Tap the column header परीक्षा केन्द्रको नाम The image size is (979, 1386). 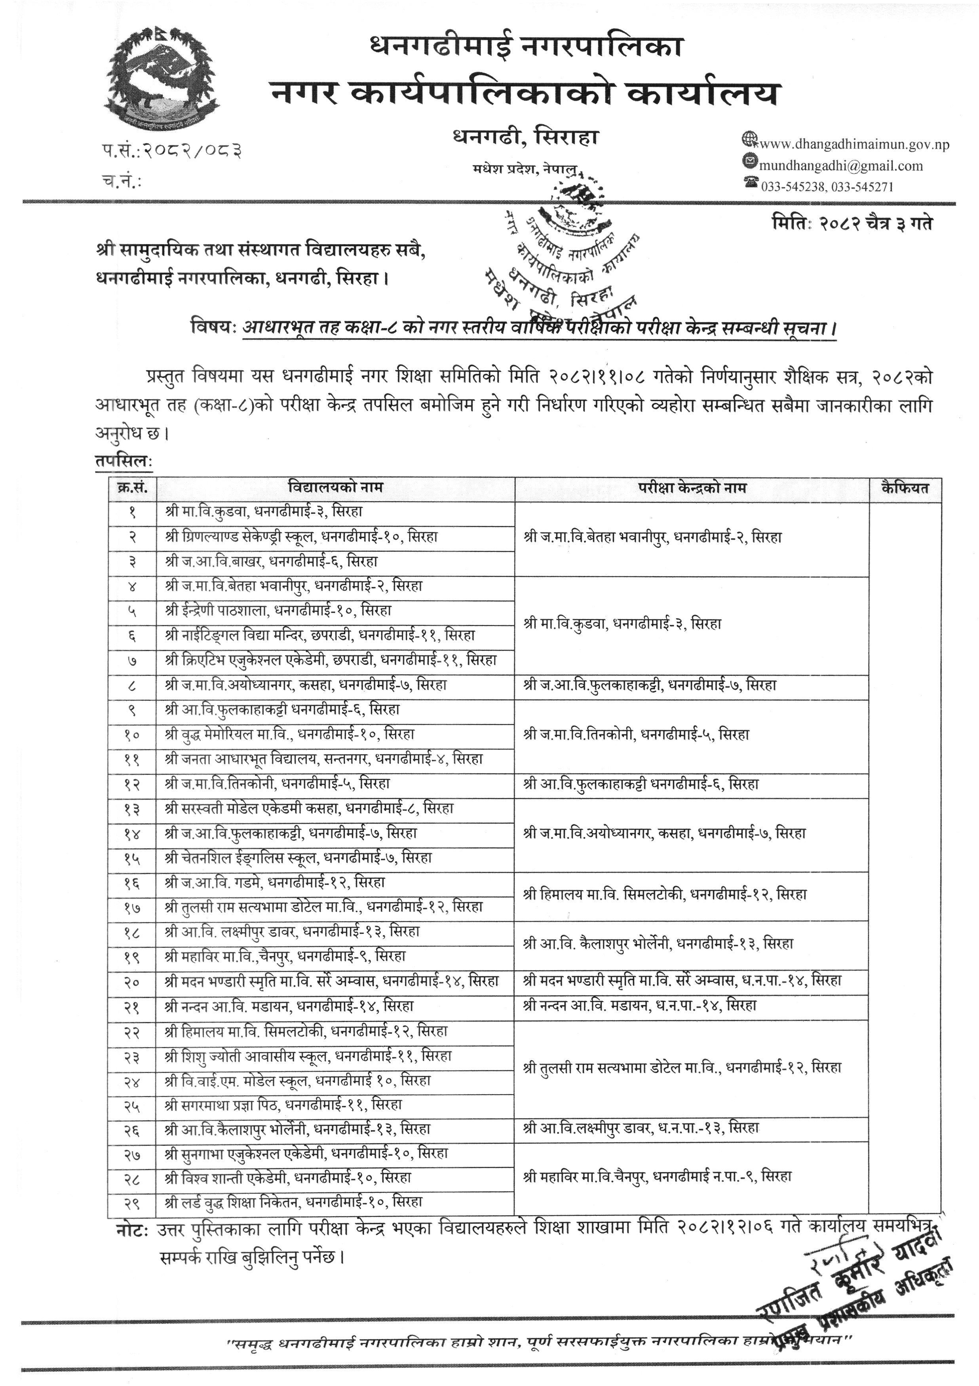pos(692,488)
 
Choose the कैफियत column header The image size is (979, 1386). pos(904,488)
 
